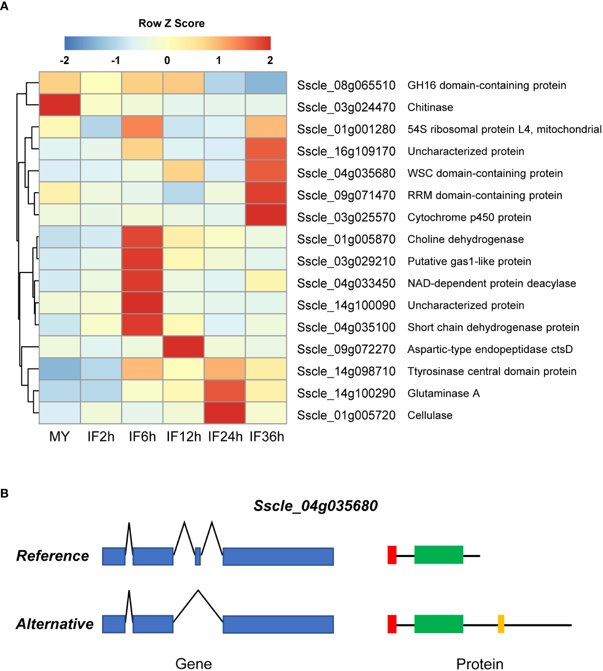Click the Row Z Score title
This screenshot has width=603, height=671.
coord(171,23)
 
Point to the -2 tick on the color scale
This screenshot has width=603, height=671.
coord(65,60)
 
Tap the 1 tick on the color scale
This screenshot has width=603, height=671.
coord(218,60)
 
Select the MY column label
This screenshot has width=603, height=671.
coord(60,437)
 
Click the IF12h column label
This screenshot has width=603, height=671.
coord(184,437)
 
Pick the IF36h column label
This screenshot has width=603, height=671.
coord(267,437)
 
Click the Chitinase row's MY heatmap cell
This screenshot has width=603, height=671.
coord(60,104)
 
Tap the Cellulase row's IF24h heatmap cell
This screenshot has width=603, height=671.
coord(225,413)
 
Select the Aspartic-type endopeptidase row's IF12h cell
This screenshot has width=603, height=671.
coord(184,347)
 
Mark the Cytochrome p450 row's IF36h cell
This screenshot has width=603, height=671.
coord(266,215)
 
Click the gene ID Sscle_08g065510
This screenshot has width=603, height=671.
coord(346,85)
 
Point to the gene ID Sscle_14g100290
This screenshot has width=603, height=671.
coord(346,393)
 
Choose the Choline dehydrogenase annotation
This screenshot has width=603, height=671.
coord(466,239)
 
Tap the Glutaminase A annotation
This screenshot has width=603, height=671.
coord(444,393)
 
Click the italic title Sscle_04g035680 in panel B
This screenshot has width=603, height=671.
coord(316,506)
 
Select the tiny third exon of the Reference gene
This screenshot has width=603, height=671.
coord(198,556)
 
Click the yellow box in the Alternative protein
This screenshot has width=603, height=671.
coord(501,624)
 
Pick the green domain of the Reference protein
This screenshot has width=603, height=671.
coord(439,555)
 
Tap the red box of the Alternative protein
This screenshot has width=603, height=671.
coord(392,624)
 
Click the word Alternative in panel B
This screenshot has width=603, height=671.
coord(55,624)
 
